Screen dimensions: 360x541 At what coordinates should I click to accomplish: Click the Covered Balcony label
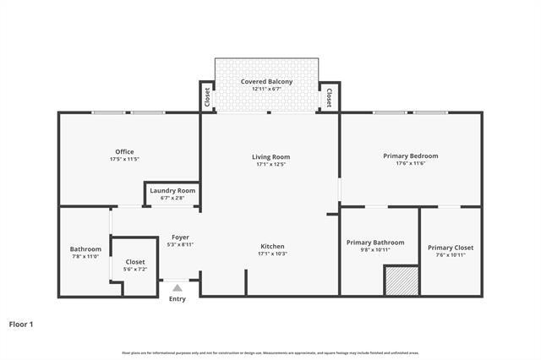[267, 81]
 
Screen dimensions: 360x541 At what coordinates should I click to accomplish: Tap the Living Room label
[270, 156]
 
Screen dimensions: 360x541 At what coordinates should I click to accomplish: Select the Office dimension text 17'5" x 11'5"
[124, 160]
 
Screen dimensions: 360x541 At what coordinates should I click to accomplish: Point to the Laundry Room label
[172, 190]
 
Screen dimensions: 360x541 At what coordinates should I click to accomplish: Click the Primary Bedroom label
[411, 155]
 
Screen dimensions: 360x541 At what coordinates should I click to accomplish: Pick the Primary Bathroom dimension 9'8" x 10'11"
[375, 250]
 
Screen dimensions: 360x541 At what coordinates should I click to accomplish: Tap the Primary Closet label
[451, 247]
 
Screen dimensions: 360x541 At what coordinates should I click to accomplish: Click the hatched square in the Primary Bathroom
[402, 281]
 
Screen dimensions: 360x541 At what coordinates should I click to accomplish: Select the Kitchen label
[272, 246]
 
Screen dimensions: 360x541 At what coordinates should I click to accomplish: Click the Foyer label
[181, 237]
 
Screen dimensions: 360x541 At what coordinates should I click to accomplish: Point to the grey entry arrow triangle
[178, 288]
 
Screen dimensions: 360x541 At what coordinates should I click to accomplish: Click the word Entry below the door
[178, 299]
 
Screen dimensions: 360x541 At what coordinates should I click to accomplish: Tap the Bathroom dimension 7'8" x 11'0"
[85, 257]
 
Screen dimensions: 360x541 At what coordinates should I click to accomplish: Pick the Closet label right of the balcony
[328, 96]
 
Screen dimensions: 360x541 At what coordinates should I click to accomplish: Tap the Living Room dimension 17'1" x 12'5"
[270, 164]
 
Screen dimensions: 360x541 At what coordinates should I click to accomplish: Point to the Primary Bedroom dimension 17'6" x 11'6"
[411, 164]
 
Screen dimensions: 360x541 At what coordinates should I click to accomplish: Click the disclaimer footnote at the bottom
[270, 352]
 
